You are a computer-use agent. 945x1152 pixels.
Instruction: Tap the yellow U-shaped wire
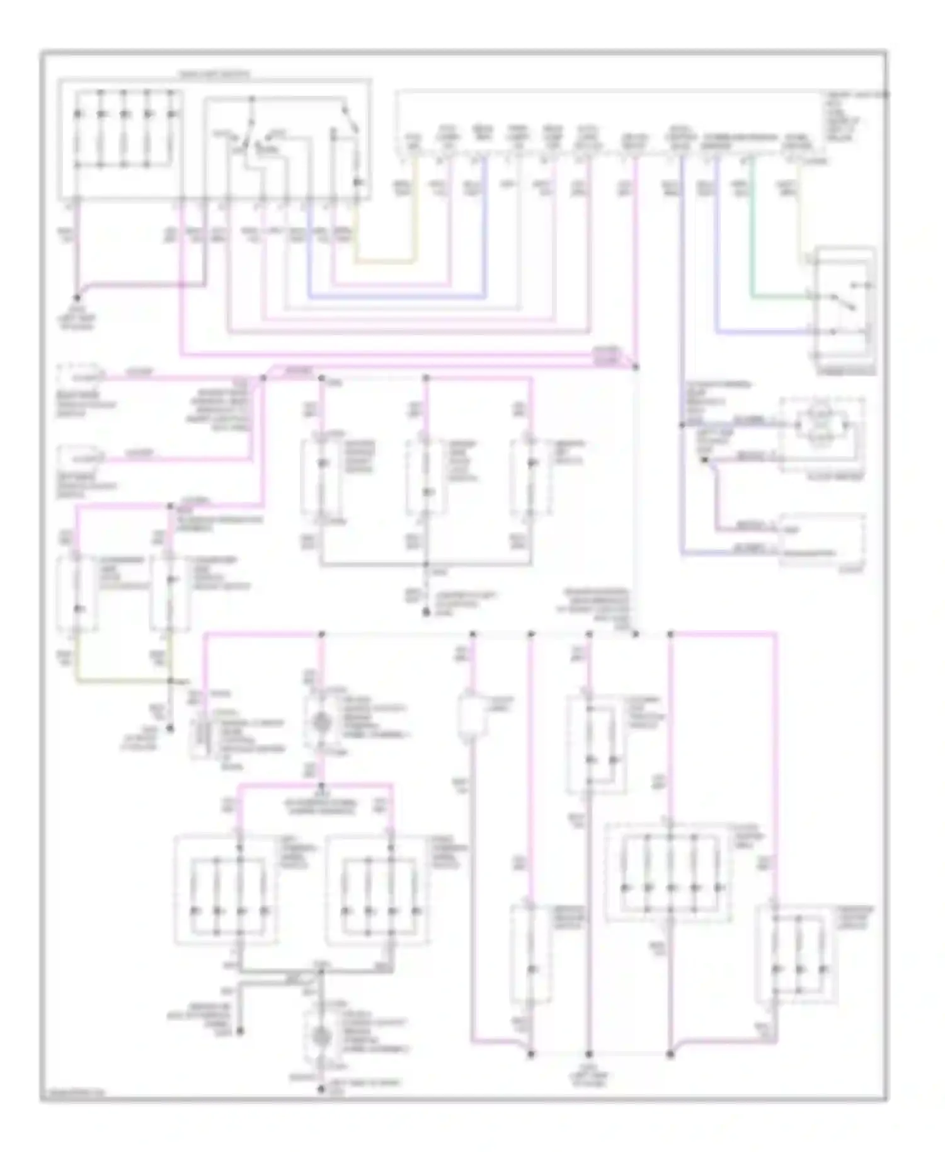384,260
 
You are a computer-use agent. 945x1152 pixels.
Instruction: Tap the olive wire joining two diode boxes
120,681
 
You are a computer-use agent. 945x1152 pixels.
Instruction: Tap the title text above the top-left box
214,74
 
